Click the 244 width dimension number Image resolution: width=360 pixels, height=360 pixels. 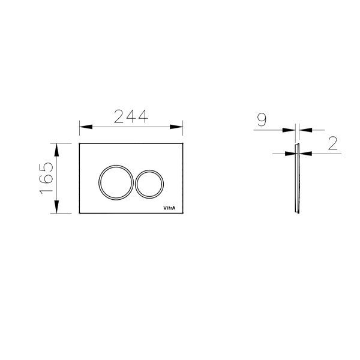[131, 116]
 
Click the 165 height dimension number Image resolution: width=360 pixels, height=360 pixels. [46, 178]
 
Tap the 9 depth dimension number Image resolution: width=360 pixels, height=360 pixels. [262, 119]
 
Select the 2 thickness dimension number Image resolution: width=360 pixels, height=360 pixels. [333, 143]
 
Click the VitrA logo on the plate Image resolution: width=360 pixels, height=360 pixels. [169, 208]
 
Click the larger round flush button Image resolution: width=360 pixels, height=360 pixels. [116, 182]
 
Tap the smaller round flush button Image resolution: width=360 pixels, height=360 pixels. [149, 184]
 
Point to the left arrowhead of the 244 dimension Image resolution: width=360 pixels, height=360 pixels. [86, 127]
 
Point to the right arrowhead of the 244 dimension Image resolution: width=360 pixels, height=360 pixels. [176, 127]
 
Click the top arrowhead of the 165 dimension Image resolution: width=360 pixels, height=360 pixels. [56, 150]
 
